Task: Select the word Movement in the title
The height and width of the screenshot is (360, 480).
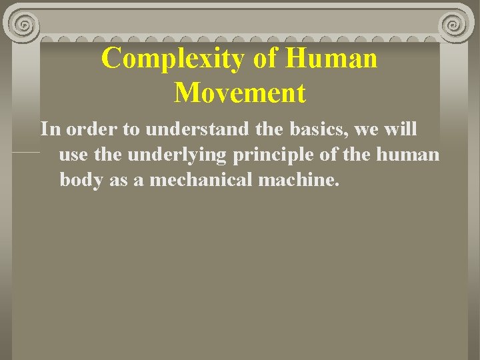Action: tap(240, 93)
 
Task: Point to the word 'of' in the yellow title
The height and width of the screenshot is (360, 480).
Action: tap(265, 59)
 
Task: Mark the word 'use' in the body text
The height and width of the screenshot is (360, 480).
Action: tap(73, 155)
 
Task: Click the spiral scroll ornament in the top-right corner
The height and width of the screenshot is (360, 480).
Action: tap(455, 25)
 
